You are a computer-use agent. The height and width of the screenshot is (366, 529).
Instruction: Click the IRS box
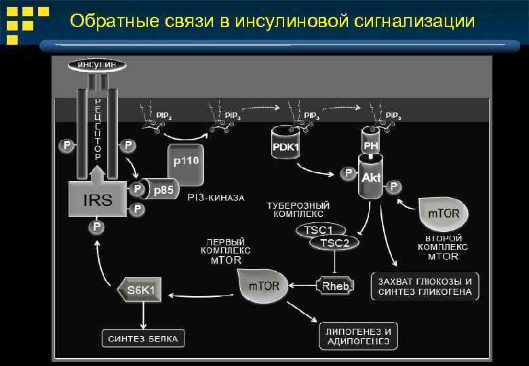pos(97,199)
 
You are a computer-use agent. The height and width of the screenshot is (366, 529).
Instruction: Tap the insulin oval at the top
pos(96,64)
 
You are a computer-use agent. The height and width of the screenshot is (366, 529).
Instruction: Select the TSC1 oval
pos(319,230)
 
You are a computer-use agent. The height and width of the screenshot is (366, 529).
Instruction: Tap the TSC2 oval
pos(334,243)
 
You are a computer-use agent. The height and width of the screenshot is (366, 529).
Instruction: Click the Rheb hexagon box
pos(335,285)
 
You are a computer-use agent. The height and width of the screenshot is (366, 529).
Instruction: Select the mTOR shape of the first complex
pos(262,285)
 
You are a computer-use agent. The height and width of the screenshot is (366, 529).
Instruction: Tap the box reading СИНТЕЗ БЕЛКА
pos(143,338)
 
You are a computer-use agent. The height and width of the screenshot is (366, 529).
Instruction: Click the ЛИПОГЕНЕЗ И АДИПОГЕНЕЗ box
pos(358,336)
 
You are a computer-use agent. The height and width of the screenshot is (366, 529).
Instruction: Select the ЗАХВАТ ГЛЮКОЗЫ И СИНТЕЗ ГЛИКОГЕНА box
pos(425,287)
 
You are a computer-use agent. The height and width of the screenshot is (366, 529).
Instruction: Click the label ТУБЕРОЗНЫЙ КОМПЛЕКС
pos(298,209)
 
